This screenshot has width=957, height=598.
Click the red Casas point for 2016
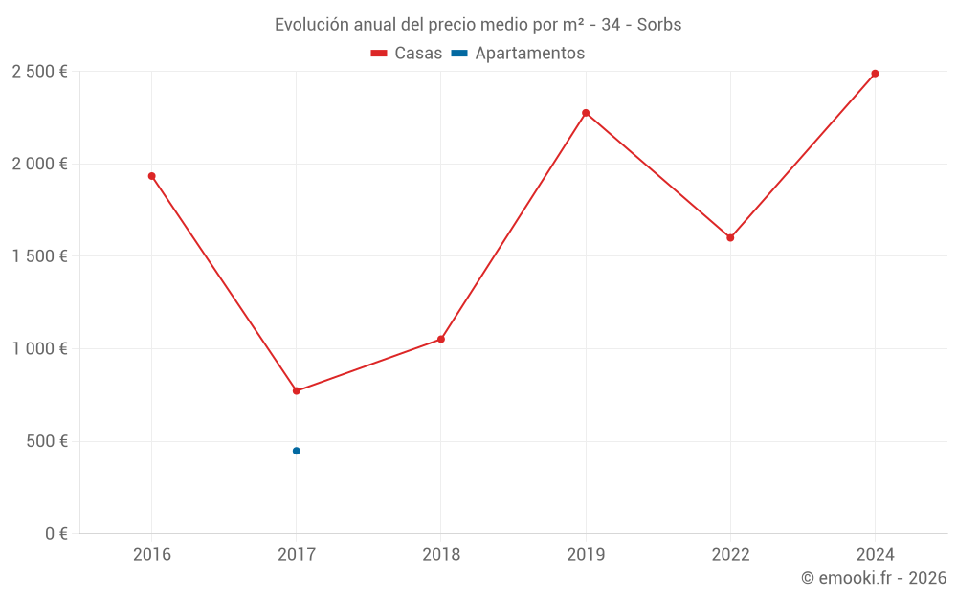click(x=151, y=176)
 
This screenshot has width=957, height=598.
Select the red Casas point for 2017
click(x=297, y=391)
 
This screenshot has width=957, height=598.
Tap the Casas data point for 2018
click(x=441, y=340)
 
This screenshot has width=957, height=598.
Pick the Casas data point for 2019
click(x=586, y=113)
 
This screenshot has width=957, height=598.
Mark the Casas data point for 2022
click(x=730, y=238)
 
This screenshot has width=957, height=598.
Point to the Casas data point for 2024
click(x=875, y=74)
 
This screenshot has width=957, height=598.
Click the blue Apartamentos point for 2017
click(x=297, y=451)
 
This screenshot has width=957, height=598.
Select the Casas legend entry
click(x=407, y=54)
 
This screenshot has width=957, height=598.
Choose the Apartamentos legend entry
click(x=518, y=54)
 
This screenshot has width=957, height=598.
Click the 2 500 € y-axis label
click(x=39, y=72)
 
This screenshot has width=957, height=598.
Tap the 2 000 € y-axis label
click(x=39, y=164)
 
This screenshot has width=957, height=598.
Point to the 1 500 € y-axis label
click(x=39, y=256)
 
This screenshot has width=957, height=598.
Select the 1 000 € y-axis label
click(x=39, y=349)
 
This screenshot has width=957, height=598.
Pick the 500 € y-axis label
click(x=47, y=441)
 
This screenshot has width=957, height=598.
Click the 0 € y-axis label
click(x=56, y=534)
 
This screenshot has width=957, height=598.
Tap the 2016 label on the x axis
click(x=151, y=554)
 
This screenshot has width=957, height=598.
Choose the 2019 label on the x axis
click(x=586, y=554)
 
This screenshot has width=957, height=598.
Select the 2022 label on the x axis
click(x=730, y=554)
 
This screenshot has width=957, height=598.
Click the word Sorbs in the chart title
click(x=659, y=25)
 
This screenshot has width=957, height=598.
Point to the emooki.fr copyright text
click(x=874, y=578)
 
